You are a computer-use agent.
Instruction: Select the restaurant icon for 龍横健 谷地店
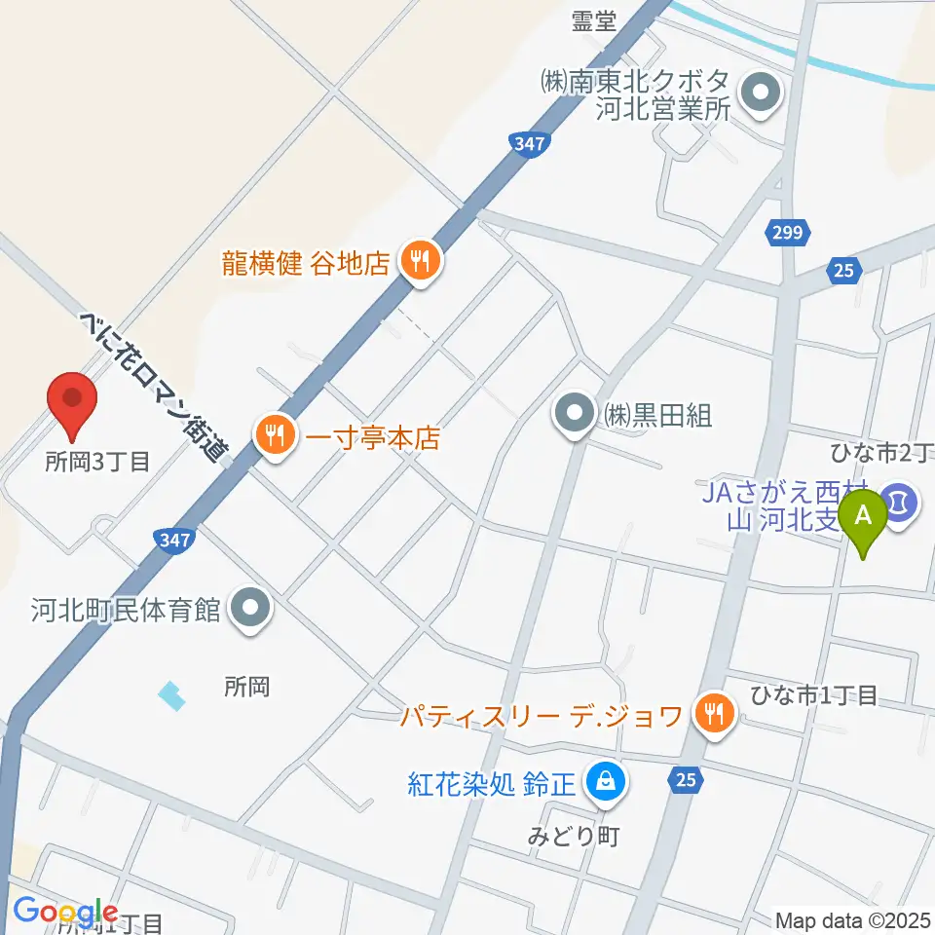tap(420, 261)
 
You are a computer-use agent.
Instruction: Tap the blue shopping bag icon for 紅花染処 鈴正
tap(606, 780)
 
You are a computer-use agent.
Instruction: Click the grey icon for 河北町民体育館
tap(251, 610)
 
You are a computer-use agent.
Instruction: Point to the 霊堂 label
tap(593, 22)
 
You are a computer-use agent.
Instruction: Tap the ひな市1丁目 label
tap(813, 695)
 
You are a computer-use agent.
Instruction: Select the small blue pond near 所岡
tap(171, 695)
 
